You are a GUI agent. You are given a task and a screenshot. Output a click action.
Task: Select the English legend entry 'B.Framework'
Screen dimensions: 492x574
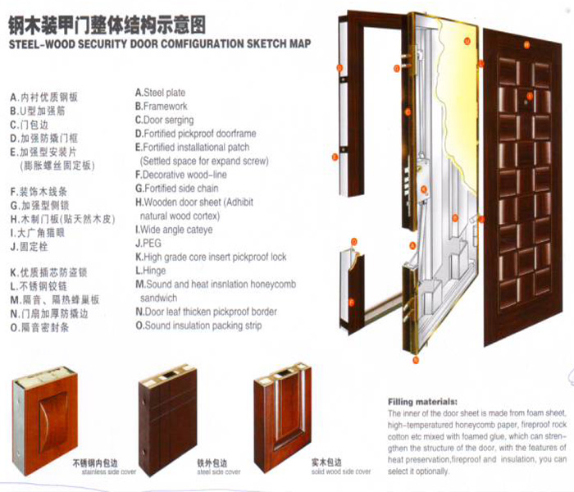click(x=161, y=107)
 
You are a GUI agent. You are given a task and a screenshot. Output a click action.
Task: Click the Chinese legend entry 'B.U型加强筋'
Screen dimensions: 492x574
click(x=39, y=110)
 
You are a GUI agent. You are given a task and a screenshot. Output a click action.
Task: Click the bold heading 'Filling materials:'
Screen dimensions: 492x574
click(x=421, y=403)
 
